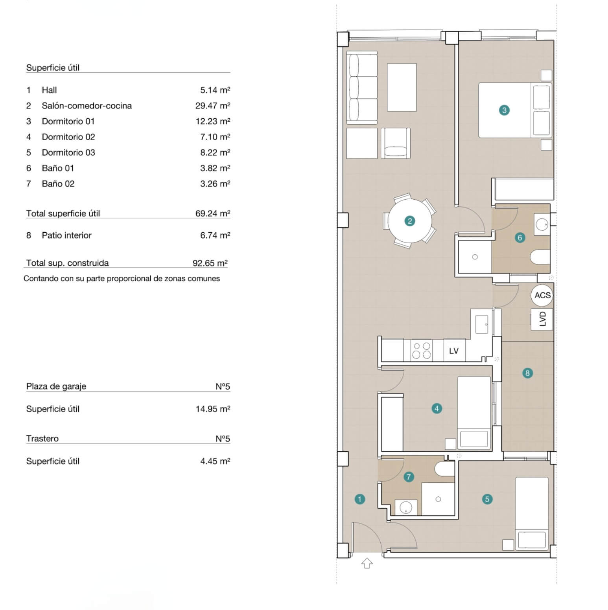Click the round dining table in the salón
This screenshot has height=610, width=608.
[x=410, y=221]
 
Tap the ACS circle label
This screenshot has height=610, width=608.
[x=542, y=295]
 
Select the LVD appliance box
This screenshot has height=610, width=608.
[x=542, y=319]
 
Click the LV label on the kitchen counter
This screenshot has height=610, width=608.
[x=454, y=351]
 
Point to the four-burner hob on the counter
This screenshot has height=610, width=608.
[x=421, y=351]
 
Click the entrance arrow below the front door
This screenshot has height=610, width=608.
[x=367, y=563]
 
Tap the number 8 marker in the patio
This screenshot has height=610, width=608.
[x=527, y=373]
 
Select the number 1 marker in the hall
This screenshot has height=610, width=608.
[x=359, y=499]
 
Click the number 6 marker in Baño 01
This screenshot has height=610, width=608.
[x=520, y=237]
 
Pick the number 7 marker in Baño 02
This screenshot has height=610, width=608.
[x=409, y=477]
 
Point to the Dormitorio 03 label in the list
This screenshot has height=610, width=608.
[x=68, y=152]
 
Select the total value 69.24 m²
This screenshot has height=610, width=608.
[x=213, y=213]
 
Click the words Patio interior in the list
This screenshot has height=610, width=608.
[x=66, y=235]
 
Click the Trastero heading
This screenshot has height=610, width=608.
[x=42, y=439]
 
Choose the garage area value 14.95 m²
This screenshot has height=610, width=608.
[x=213, y=409]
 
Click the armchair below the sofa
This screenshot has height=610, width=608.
[x=396, y=143]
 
